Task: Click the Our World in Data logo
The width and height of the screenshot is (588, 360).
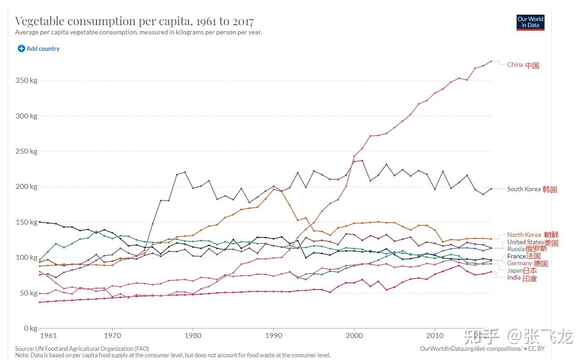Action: pyautogui.click(x=530, y=22)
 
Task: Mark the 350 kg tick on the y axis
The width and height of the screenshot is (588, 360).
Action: pyautogui.click(x=27, y=81)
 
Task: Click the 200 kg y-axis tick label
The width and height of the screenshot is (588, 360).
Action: pyautogui.click(x=27, y=187)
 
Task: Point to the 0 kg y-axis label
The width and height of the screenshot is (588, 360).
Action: pyautogui.click(x=30, y=328)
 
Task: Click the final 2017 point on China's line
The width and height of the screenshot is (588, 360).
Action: pyautogui.click(x=491, y=61)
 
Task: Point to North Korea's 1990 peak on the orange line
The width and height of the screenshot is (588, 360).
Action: pyautogui.click(x=273, y=189)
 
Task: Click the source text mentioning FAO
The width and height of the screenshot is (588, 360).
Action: pyautogui.click(x=82, y=349)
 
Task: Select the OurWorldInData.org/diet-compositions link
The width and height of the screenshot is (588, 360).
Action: pyautogui.click(x=471, y=349)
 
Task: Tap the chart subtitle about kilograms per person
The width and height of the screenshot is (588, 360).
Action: pyautogui.click(x=138, y=32)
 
